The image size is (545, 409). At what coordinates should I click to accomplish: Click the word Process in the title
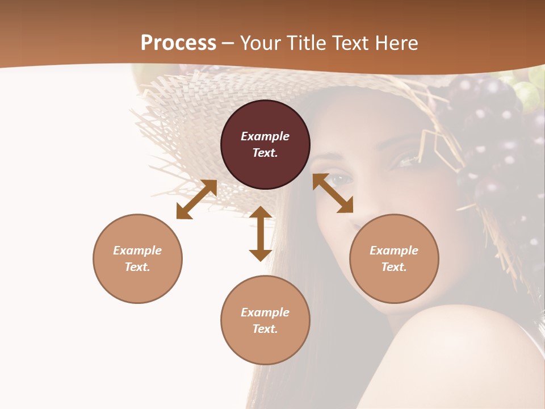(x=178, y=43)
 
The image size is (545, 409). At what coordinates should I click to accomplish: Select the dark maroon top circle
(x=265, y=145)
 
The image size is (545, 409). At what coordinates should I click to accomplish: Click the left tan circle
(x=137, y=258)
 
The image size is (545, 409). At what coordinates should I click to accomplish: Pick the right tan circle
(x=394, y=258)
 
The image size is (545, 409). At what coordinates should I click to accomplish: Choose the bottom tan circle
(x=265, y=320)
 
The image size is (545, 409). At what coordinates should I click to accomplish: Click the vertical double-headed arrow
(x=261, y=233)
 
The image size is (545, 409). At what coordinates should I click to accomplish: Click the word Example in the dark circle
(x=265, y=136)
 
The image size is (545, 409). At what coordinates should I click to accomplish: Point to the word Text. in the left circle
(x=137, y=267)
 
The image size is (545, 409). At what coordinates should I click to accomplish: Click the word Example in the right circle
(x=394, y=251)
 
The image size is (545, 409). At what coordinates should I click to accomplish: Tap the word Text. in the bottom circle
(x=265, y=329)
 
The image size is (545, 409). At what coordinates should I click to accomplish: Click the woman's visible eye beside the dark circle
(x=341, y=180)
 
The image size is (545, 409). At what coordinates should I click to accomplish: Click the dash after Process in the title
(x=228, y=43)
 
